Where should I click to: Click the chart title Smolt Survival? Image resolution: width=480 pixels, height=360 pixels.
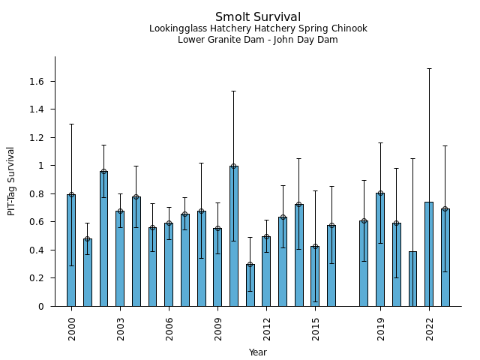click(x=258, y=17)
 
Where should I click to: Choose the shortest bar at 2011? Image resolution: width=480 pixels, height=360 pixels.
click(x=250, y=285)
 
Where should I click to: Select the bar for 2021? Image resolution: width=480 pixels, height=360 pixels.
click(x=412, y=278)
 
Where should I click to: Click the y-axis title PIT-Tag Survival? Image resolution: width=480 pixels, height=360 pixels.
click(x=11, y=181)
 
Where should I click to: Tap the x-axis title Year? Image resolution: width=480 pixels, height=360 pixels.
click(x=258, y=352)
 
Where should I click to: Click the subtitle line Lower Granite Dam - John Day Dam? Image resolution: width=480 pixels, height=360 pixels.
click(x=258, y=40)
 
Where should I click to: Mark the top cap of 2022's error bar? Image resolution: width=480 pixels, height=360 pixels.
click(x=429, y=68)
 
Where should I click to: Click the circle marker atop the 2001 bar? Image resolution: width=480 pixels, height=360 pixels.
click(x=88, y=239)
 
